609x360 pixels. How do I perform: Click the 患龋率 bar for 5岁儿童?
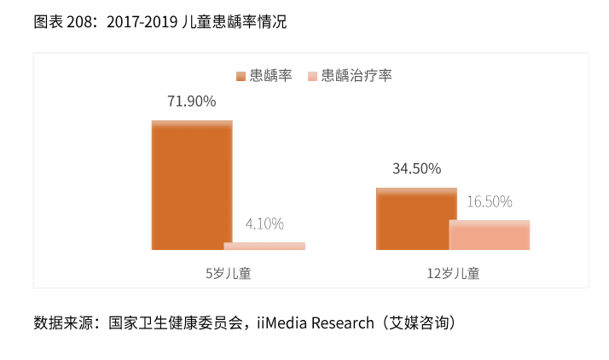192,185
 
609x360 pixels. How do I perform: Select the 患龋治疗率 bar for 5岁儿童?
264,246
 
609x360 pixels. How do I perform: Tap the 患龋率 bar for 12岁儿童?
416,218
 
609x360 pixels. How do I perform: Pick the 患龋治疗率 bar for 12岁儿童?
490,235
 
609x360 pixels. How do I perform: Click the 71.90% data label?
191,102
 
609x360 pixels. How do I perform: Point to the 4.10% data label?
264,224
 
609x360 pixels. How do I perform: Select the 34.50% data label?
416,169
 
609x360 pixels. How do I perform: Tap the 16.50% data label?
490,202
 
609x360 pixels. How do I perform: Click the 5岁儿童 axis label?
228,274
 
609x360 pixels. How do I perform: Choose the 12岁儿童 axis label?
453,274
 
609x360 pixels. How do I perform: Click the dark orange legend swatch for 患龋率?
241,76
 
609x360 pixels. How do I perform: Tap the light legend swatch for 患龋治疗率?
313,76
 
